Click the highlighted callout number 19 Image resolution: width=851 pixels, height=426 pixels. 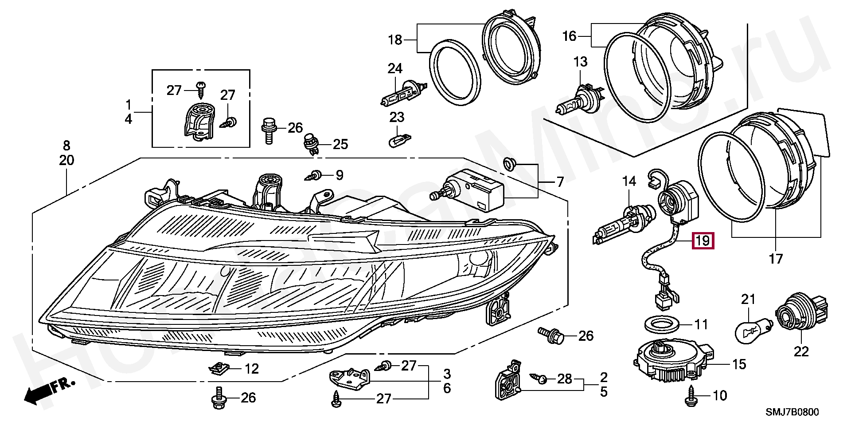(703, 241)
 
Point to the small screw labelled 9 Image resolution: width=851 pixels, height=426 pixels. (315, 175)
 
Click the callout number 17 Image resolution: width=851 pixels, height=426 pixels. (776, 258)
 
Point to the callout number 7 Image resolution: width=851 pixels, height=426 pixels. (560, 182)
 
